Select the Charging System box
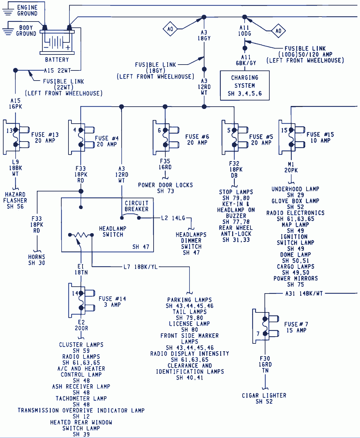[x=245, y=85]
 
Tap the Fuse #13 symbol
[x=16, y=137]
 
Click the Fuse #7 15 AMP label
[x=296, y=327]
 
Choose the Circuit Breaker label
[x=136, y=206]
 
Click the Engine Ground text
[x=27, y=10]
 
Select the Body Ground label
[x=26, y=31]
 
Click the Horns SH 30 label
[x=37, y=260]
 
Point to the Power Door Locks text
[x=165, y=185]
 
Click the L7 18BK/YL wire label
[x=141, y=267]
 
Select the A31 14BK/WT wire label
[x=304, y=294]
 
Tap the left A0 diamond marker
[x=170, y=29]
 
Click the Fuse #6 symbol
[x=165, y=137]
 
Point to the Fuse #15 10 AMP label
[x=320, y=137]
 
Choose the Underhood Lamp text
[x=295, y=189]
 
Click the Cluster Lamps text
[x=81, y=345]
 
